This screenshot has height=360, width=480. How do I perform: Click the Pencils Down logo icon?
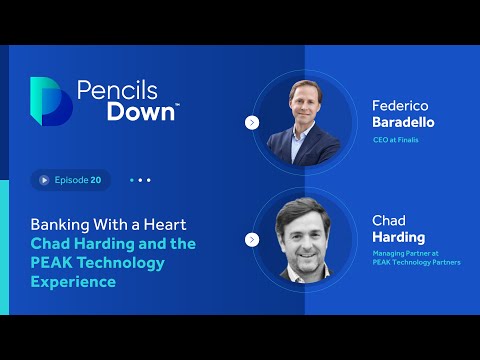click(x=51, y=101)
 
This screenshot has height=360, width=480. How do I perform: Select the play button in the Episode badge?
click(x=44, y=180)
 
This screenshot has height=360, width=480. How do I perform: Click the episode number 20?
click(x=96, y=180)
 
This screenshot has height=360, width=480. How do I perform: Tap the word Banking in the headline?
click(x=59, y=224)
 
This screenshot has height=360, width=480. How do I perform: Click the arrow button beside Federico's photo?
click(x=251, y=123)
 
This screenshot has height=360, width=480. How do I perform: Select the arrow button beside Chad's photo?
click(x=251, y=240)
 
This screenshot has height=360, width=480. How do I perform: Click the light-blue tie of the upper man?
click(x=304, y=144)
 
